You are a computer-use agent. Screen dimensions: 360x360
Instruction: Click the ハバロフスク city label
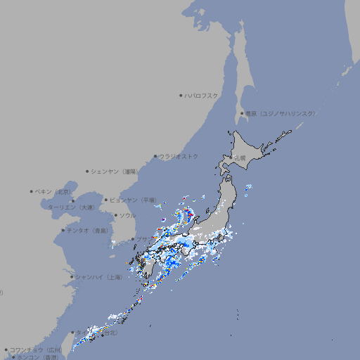(x=202, y=95)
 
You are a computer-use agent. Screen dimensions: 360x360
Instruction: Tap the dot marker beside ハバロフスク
(x=181, y=95)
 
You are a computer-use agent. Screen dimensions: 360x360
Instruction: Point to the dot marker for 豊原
(x=242, y=113)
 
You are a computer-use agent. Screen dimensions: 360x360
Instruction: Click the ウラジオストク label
(x=179, y=156)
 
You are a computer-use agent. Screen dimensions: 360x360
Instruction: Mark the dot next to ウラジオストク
(x=156, y=156)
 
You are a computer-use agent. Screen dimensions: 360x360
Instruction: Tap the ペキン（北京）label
(x=54, y=191)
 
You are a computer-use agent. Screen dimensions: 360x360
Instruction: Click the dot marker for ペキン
(x=32, y=191)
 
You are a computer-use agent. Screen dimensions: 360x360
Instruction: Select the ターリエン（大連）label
(x=71, y=207)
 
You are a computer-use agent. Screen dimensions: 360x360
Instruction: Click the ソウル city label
(x=127, y=215)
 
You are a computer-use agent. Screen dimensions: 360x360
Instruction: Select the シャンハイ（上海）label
(x=99, y=277)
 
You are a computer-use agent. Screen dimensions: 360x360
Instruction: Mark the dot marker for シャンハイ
(x=72, y=277)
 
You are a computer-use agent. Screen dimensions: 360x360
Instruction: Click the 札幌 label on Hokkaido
(x=240, y=157)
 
